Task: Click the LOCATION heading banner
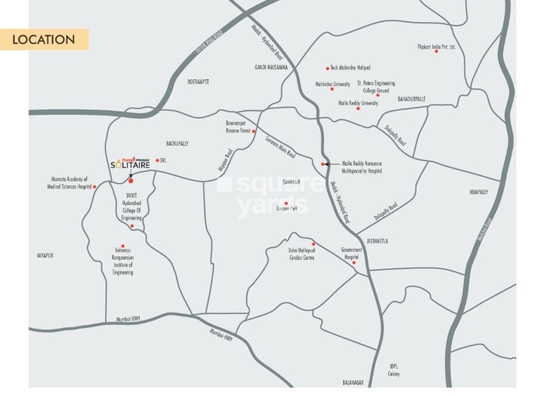point(44,40)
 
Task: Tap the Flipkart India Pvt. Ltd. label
point(436,46)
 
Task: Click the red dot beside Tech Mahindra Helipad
point(327,68)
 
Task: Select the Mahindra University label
point(333,84)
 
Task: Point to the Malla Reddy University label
point(358,103)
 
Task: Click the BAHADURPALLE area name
point(411,99)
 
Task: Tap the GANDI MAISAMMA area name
point(271,66)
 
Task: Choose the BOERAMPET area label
point(198,82)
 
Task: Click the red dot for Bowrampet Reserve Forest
point(254,131)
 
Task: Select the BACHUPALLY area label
point(177,143)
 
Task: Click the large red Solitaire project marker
point(131,180)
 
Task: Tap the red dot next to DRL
point(156,160)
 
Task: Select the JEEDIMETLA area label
point(377,241)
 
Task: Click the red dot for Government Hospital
point(354,263)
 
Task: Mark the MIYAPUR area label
point(45,255)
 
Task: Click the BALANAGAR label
point(353,383)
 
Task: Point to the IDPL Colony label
point(394,370)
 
